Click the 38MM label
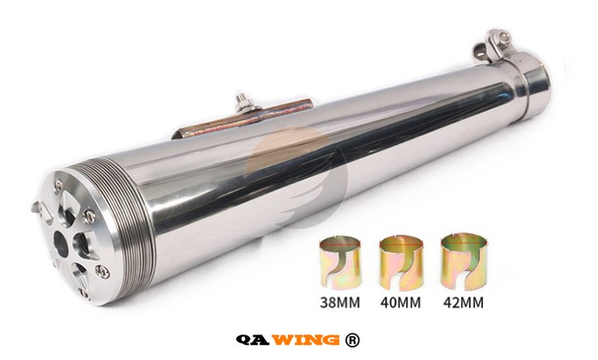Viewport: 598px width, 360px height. coord(340,302)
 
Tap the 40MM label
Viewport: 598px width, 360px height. coord(401,302)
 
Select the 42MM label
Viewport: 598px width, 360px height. coord(463,302)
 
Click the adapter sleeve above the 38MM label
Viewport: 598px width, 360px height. coord(340,263)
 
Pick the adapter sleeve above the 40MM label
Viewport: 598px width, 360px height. coord(401,263)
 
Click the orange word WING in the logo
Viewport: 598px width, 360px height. coord(306,339)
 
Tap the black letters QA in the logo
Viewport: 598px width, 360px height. coord(253,340)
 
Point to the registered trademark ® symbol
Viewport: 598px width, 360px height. coord(352,340)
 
